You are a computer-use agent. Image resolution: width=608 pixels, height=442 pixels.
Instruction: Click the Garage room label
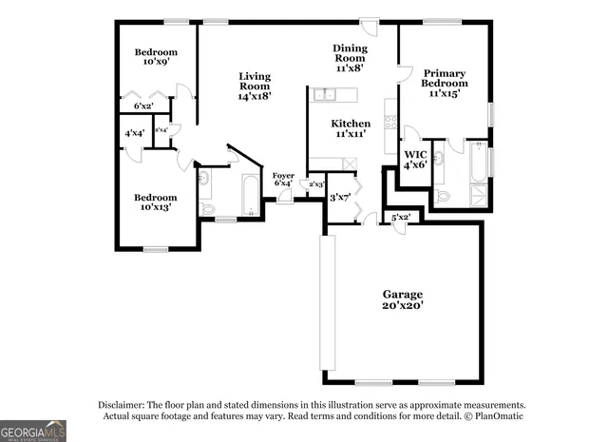click(403, 299)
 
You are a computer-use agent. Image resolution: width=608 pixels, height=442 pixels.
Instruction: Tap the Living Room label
click(255, 86)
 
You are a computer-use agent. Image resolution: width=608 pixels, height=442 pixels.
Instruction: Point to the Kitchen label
click(350, 129)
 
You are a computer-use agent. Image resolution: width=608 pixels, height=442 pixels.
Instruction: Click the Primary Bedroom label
click(444, 84)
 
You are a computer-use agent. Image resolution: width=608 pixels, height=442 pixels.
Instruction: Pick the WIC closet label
click(416, 159)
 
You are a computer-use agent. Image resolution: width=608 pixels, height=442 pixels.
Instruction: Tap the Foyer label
click(283, 179)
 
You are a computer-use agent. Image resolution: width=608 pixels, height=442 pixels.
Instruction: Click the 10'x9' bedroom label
click(155, 57)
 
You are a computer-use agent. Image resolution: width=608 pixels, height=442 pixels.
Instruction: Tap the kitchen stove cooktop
click(389, 120)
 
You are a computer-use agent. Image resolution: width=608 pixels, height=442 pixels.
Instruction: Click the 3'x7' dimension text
click(340, 198)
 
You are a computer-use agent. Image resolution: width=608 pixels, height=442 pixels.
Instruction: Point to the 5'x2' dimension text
click(401, 218)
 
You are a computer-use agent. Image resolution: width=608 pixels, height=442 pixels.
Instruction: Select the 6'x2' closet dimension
click(143, 106)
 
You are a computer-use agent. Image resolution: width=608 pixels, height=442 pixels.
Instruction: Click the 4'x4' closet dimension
click(134, 134)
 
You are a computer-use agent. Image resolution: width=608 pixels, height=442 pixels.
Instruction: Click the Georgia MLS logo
click(33, 431)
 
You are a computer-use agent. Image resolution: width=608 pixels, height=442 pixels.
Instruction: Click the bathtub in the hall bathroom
click(251, 195)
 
